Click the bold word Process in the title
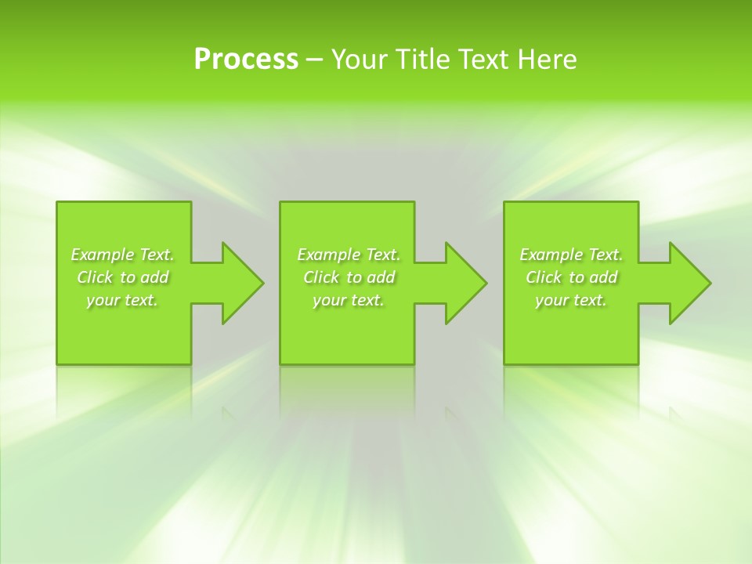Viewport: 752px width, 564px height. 246,60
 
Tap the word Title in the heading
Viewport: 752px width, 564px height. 421,60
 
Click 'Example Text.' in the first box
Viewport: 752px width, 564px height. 123,255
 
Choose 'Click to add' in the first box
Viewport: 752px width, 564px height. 123,277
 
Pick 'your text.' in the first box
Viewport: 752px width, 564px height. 123,300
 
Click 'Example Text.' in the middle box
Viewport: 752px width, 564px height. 349,255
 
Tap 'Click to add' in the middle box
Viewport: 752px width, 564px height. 349,277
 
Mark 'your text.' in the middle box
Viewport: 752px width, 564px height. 349,300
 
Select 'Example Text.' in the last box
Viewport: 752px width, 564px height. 571,255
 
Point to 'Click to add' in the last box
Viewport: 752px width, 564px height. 571,277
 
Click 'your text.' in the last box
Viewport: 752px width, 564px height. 571,300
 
